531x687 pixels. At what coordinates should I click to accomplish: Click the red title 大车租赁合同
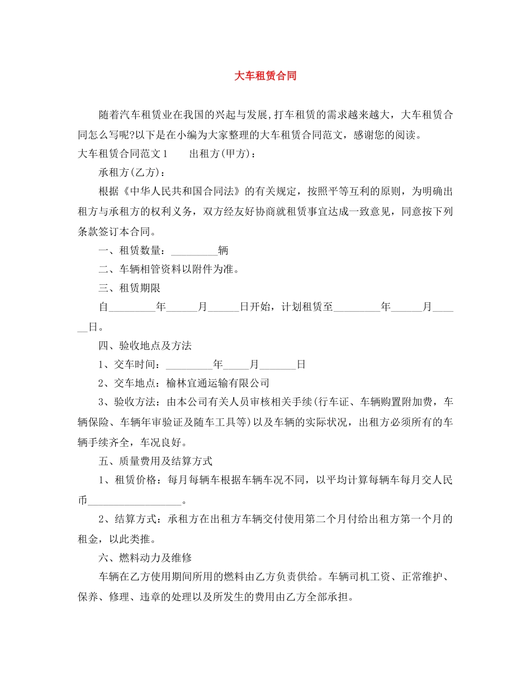[x=265, y=76]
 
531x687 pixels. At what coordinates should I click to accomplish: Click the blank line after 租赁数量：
[x=192, y=251]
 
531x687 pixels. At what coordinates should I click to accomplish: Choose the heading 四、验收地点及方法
[x=145, y=346]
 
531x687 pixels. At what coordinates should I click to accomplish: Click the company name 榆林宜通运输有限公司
[x=217, y=383]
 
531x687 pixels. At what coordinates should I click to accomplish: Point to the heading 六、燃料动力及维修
[x=145, y=557]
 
